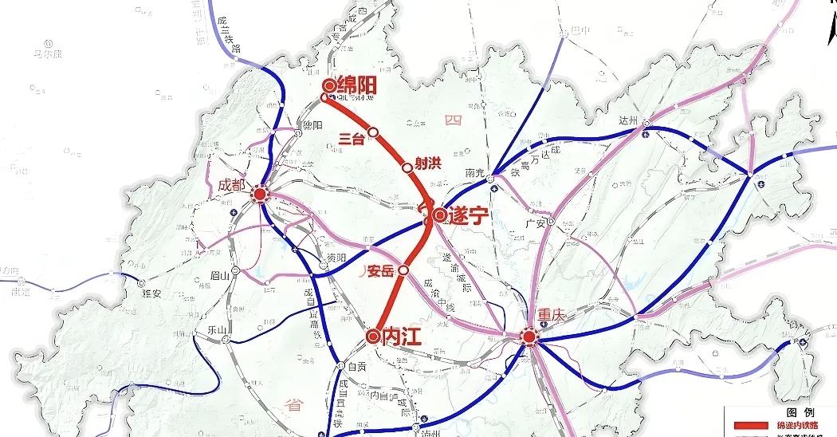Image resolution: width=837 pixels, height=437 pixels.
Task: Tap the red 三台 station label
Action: point(351,138)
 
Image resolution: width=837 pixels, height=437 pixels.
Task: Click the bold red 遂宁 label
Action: point(468,215)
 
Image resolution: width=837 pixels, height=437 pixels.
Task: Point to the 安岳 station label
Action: point(380,271)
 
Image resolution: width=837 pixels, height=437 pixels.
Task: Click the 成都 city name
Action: point(234,184)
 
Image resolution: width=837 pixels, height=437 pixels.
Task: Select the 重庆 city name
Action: point(551,315)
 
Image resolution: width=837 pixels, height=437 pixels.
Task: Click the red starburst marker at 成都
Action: point(259,194)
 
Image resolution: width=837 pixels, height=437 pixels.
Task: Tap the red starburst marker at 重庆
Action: point(529,337)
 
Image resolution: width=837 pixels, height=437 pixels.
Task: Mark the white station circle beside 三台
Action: point(373,132)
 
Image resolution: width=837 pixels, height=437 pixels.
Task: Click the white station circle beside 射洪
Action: point(407,167)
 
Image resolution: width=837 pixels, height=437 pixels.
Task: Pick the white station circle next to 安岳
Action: point(403,270)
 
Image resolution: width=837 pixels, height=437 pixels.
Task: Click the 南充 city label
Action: point(476,172)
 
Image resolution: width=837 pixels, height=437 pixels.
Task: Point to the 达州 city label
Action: point(629,120)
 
